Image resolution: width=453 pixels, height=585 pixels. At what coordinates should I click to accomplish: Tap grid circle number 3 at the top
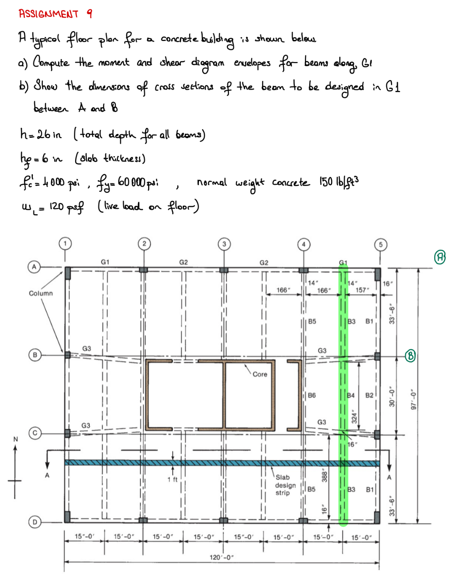click(224, 244)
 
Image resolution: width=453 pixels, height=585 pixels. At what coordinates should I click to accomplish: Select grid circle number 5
click(380, 245)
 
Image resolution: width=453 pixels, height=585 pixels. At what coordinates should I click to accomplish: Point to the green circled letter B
click(410, 356)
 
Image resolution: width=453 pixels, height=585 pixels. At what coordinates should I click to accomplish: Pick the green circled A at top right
click(440, 256)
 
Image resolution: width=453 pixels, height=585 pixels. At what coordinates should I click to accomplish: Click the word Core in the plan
click(260, 374)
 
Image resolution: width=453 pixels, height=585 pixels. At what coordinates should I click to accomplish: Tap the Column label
click(41, 293)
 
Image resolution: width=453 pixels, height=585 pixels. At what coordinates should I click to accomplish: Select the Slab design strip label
click(285, 485)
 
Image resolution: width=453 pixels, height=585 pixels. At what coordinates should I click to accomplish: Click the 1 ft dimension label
click(172, 479)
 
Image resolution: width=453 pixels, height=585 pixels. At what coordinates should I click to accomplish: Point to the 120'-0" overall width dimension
click(221, 557)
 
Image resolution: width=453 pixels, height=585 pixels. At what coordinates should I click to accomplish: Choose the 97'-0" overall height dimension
click(414, 400)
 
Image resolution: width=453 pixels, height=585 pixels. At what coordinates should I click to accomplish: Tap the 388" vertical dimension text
click(324, 476)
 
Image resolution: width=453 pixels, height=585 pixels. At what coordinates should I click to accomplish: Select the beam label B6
click(312, 395)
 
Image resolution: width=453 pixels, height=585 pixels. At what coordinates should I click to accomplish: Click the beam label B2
click(369, 395)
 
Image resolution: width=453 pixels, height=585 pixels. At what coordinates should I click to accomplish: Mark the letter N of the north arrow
click(16, 439)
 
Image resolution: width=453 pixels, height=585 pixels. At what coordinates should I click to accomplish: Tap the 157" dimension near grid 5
click(361, 290)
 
